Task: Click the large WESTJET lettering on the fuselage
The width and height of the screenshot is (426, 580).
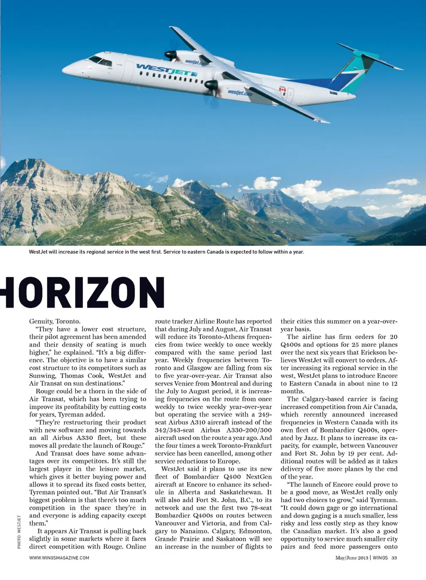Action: pyautogui.click(x=166, y=70)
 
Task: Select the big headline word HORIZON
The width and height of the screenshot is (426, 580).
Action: pyautogui.click(x=84, y=292)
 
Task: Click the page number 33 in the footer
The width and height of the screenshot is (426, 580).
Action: pyautogui.click(x=394, y=558)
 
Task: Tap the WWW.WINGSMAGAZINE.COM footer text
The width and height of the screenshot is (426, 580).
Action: pyautogui.click(x=59, y=558)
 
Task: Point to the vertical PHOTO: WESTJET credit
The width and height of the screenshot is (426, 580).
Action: pyautogui.click(x=19, y=532)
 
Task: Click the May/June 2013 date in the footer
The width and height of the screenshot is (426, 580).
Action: pyautogui.click(x=352, y=558)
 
